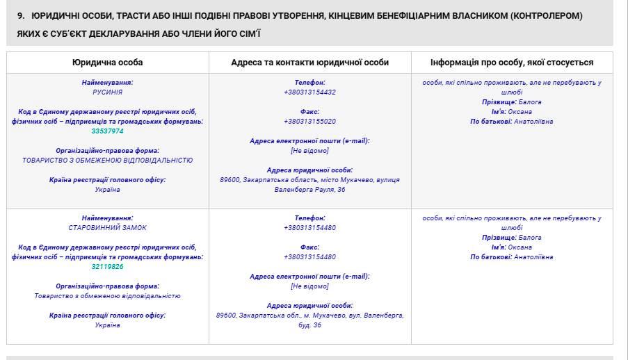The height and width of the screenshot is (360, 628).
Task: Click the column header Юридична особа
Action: pyautogui.click(x=107, y=63)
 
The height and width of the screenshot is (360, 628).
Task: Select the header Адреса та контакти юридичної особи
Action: pyautogui.click(x=309, y=63)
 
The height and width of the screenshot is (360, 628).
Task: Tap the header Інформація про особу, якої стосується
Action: pyautogui.click(x=512, y=63)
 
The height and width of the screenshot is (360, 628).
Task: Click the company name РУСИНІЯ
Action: pyautogui.click(x=107, y=92)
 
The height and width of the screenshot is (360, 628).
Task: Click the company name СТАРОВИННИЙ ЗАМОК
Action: pyautogui.click(x=107, y=228)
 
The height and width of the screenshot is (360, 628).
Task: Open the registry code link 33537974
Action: pyautogui.click(x=107, y=131)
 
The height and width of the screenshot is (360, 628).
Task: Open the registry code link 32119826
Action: pyautogui.click(x=107, y=267)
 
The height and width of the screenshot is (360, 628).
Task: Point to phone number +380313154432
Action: pyautogui.click(x=309, y=92)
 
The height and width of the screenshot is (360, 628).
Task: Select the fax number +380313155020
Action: pyautogui.click(x=309, y=122)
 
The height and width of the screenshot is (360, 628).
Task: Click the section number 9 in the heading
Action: pyautogui.click(x=20, y=15)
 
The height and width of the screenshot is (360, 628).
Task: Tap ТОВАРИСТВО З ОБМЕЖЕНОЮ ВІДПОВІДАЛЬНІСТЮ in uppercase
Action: pyautogui.click(x=107, y=161)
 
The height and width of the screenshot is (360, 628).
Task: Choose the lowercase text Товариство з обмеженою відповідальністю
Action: pyautogui.click(x=107, y=296)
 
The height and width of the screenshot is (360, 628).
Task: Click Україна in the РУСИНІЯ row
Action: pyautogui.click(x=107, y=190)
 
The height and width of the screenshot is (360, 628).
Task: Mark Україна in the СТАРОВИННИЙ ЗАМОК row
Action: pyautogui.click(x=107, y=325)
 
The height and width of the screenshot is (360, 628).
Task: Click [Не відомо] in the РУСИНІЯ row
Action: pyautogui.click(x=309, y=151)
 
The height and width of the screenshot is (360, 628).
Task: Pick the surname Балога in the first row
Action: pyautogui.click(x=530, y=102)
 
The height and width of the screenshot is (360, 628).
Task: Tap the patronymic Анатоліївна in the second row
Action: pyautogui.click(x=533, y=257)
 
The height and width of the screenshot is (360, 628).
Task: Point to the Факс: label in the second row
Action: pyautogui.click(x=309, y=247)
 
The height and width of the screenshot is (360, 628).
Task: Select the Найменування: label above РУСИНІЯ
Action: pyautogui.click(x=107, y=83)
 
